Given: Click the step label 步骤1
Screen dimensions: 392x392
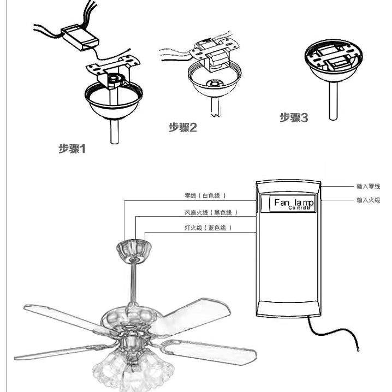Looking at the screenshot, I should pyautogui.click(x=73, y=148).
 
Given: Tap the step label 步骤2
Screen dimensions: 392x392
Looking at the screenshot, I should pyautogui.click(x=182, y=128).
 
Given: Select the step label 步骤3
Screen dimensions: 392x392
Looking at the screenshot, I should pyautogui.click(x=294, y=117).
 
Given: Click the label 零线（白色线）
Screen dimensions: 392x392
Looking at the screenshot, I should pyautogui.click(x=205, y=195).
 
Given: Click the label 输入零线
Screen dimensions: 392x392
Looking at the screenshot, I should pyautogui.click(x=368, y=186).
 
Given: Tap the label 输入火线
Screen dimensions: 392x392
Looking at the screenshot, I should pyautogui.click(x=368, y=200).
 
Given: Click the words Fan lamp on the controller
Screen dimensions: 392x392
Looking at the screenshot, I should pyautogui.click(x=294, y=203).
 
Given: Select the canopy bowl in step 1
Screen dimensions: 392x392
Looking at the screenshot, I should pyautogui.click(x=114, y=104).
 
